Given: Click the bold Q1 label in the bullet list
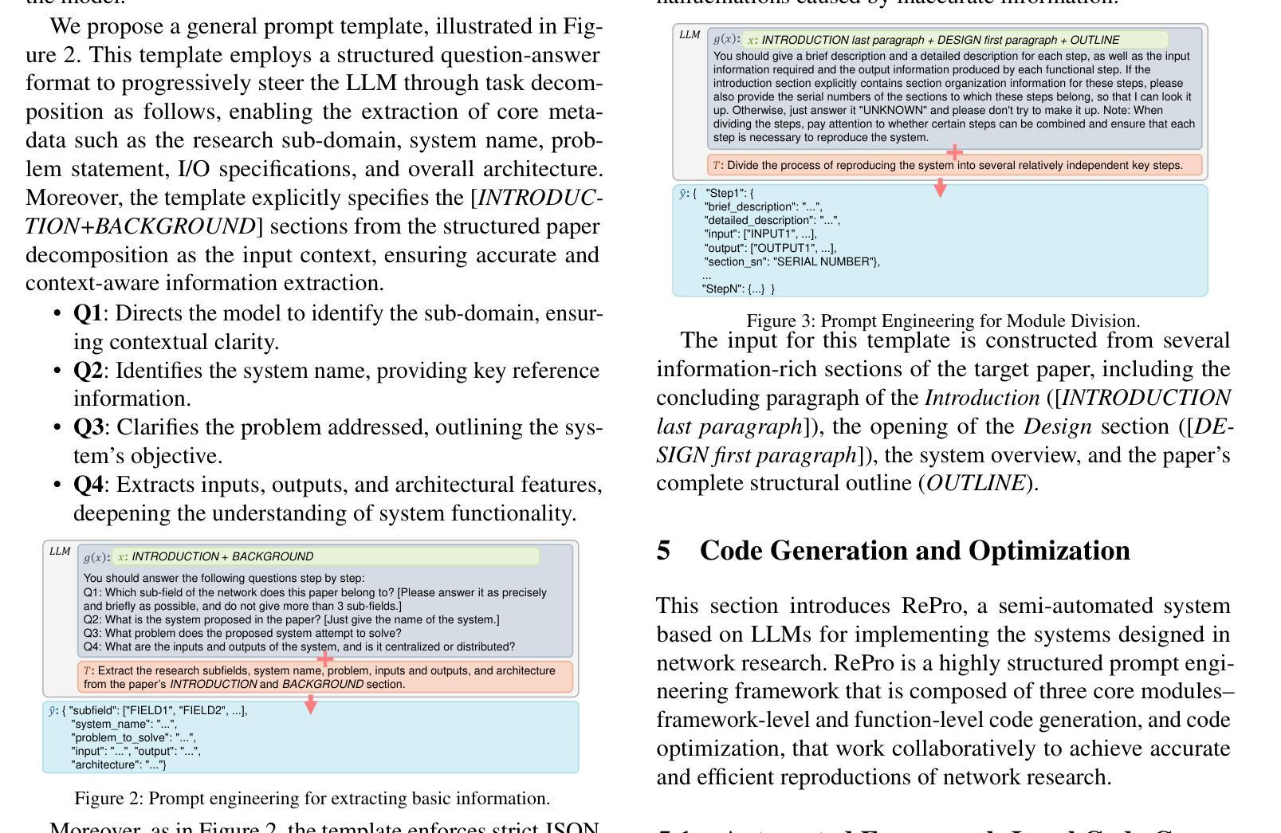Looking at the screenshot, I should click(88, 313).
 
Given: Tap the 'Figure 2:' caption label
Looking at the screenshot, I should click(108, 799).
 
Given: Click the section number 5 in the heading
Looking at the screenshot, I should click(663, 551).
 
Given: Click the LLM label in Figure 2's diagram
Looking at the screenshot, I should click(60, 552).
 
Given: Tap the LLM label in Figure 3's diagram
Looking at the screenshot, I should click(690, 35).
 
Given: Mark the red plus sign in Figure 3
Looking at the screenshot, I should click(953, 151).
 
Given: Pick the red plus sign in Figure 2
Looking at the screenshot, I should click(324, 659).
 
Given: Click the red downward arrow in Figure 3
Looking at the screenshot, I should click(941, 188).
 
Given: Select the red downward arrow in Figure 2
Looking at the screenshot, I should click(311, 704).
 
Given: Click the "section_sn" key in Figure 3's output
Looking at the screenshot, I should click(736, 261).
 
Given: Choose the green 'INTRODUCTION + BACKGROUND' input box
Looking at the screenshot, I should click(325, 556).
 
